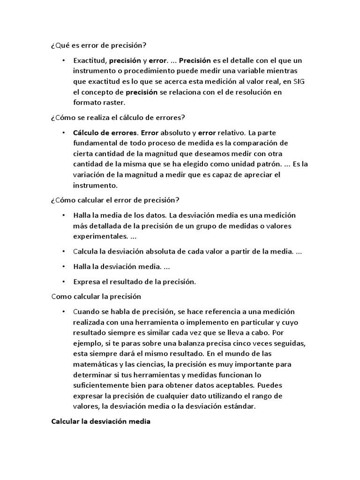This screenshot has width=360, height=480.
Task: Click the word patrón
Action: (266, 164)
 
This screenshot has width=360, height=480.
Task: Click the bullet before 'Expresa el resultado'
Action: (62, 282)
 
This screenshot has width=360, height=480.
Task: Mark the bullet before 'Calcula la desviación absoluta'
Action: (62, 251)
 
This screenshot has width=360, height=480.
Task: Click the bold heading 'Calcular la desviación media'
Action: (100, 421)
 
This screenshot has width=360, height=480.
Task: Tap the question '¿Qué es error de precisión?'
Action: (98, 45)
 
